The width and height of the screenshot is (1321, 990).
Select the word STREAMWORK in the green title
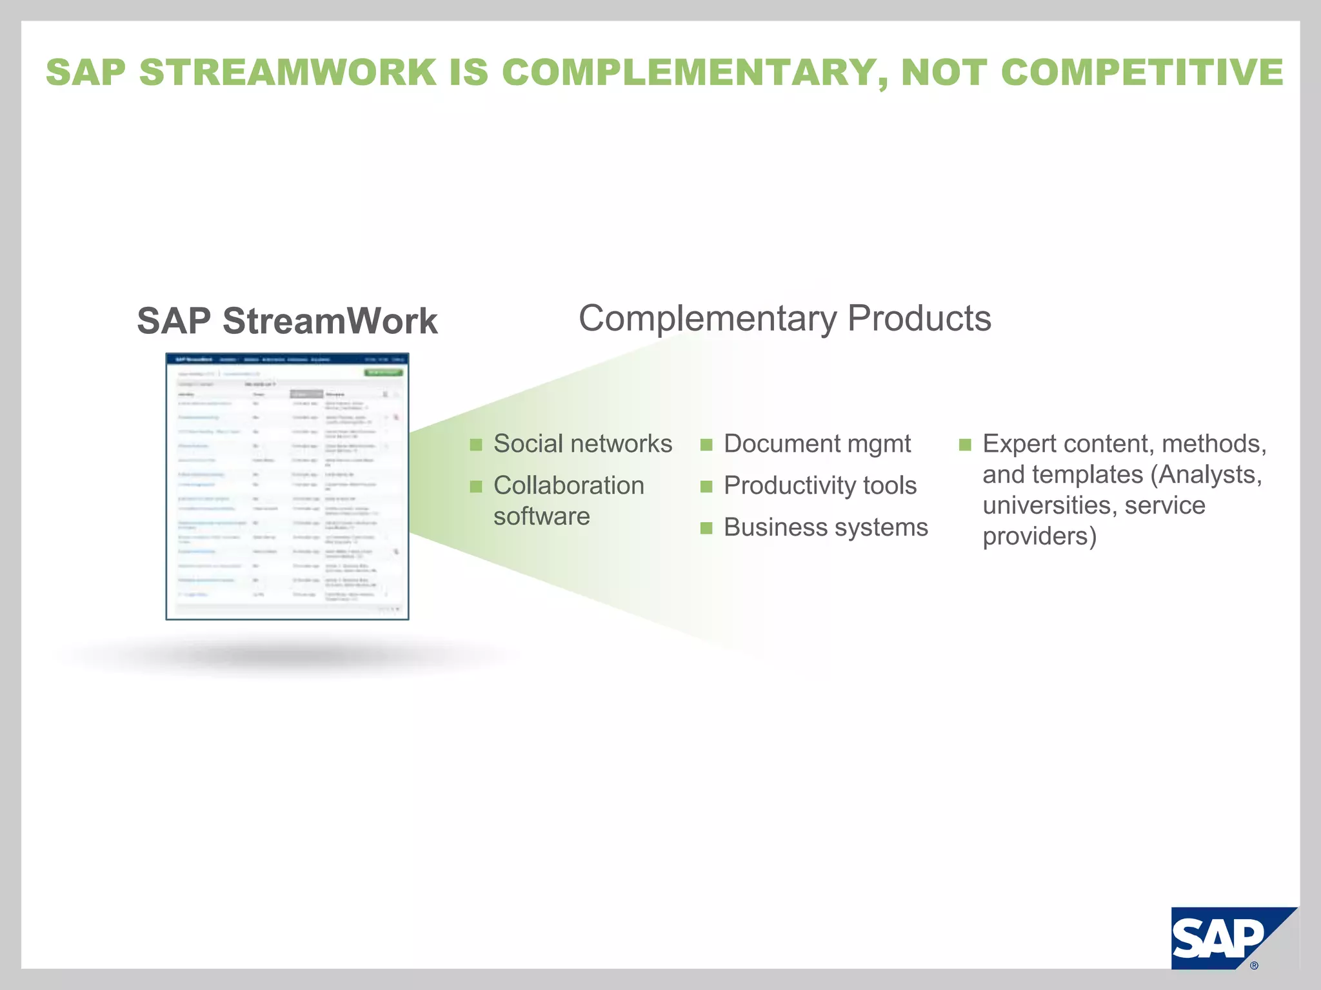[288, 72]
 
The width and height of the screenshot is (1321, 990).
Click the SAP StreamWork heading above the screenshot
[287, 321]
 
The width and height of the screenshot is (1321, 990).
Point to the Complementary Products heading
[784, 318]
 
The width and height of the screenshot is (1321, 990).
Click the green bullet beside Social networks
[476, 445]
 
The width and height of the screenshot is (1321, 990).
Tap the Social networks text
[582, 444]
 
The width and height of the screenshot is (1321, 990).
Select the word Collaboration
[568, 485]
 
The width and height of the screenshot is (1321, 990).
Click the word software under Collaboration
[541, 516]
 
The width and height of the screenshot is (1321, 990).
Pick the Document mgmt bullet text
[817, 444]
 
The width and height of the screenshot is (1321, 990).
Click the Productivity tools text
[820, 485]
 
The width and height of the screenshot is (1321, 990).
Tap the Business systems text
[826, 527]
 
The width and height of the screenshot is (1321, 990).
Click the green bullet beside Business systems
[706, 529]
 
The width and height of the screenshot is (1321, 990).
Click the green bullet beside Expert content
[965, 445]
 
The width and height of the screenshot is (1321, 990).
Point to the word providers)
[1039, 536]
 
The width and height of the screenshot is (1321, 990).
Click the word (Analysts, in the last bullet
[1206, 475]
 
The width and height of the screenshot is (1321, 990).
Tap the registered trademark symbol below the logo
[1254, 966]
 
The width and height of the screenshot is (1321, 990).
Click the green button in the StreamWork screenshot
[383, 373]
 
